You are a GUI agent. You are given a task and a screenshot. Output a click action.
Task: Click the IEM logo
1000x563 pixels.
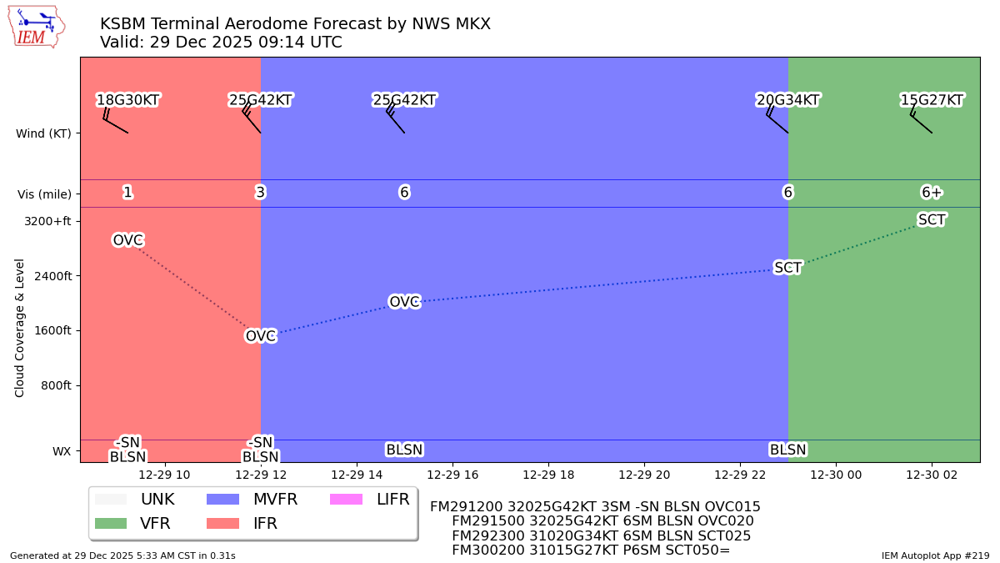point(37,27)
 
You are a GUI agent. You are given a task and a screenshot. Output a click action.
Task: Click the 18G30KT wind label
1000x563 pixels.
point(127,100)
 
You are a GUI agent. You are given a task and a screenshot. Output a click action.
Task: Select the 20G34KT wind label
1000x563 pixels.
point(787,100)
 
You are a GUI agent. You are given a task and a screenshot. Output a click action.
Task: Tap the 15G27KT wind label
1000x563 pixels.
point(932,100)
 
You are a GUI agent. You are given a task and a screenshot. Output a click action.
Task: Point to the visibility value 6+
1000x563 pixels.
point(932,193)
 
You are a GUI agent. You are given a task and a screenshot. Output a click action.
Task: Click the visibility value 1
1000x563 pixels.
point(127,193)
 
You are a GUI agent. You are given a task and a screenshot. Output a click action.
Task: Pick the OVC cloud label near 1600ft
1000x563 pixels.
point(260,336)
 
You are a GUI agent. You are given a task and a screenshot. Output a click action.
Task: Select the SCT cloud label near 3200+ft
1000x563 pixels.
point(932,219)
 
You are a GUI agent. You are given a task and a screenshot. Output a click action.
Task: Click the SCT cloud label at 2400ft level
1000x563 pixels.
point(787,268)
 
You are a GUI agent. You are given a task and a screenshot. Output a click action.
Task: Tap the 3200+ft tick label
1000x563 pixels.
point(47,221)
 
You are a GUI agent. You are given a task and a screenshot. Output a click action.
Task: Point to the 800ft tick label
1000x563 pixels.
point(55,385)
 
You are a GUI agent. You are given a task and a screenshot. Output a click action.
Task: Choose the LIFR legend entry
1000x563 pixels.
point(369,500)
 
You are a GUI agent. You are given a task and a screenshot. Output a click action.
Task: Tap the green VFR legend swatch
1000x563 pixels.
point(111,524)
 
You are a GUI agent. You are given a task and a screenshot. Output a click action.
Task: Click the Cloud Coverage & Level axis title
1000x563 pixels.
point(20,327)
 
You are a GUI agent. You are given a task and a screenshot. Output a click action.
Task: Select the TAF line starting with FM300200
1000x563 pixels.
point(590,550)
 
